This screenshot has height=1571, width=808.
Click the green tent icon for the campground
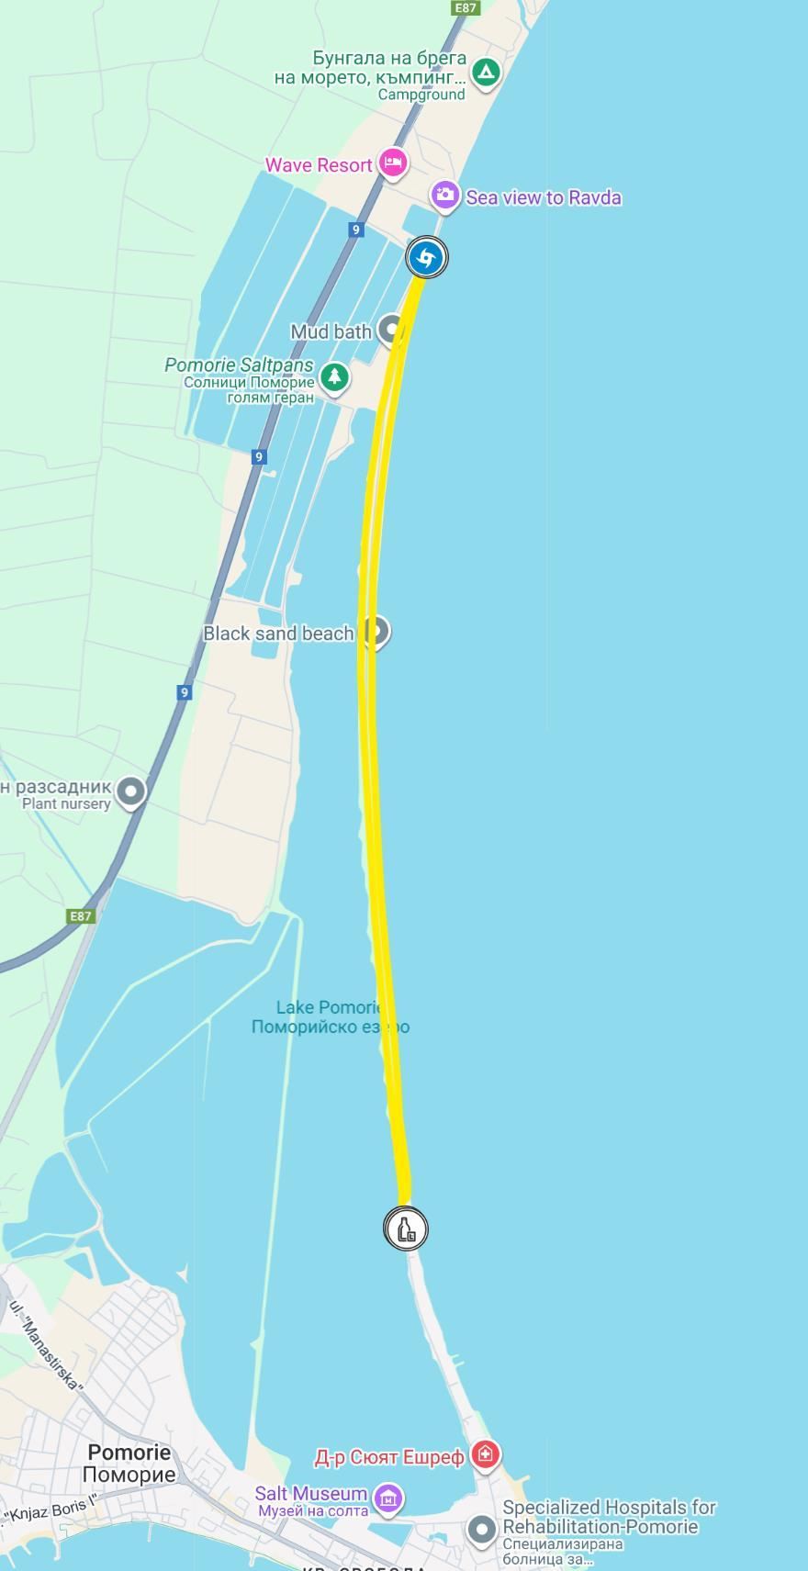[x=485, y=72]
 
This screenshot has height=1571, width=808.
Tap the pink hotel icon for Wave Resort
[x=393, y=163]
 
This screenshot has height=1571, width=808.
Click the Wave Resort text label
[x=319, y=165]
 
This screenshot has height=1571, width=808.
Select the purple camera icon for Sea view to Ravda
[x=445, y=196]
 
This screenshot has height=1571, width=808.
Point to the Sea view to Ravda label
[x=544, y=197]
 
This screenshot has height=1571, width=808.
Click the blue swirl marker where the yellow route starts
[x=426, y=258]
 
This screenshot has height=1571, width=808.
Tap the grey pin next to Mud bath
[x=392, y=330]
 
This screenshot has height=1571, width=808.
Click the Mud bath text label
[x=331, y=331]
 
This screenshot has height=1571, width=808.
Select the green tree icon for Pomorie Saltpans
[x=334, y=376]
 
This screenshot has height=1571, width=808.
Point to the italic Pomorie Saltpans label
[x=239, y=365]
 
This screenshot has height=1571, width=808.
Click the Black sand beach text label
[x=278, y=633]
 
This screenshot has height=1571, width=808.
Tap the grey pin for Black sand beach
[x=375, y=631]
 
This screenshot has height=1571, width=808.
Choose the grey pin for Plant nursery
[x=132, y=791]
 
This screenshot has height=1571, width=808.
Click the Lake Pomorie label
[x=330, y=1017]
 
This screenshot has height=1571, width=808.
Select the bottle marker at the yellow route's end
[x=406, y=1228]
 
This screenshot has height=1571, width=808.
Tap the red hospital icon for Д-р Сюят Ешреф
[x=485, y=1454]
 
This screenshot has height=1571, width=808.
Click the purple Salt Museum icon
[x=388, y=1498]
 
